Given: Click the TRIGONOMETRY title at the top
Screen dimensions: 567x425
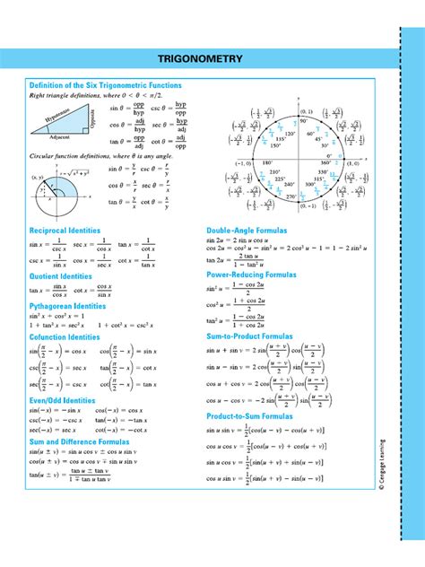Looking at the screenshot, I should point(200,59).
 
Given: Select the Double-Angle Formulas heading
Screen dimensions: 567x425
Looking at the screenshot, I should point(247,231).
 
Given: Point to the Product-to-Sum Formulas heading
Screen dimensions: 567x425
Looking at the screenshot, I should point(251,417).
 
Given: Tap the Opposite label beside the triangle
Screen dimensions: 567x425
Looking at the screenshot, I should point(92,119).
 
